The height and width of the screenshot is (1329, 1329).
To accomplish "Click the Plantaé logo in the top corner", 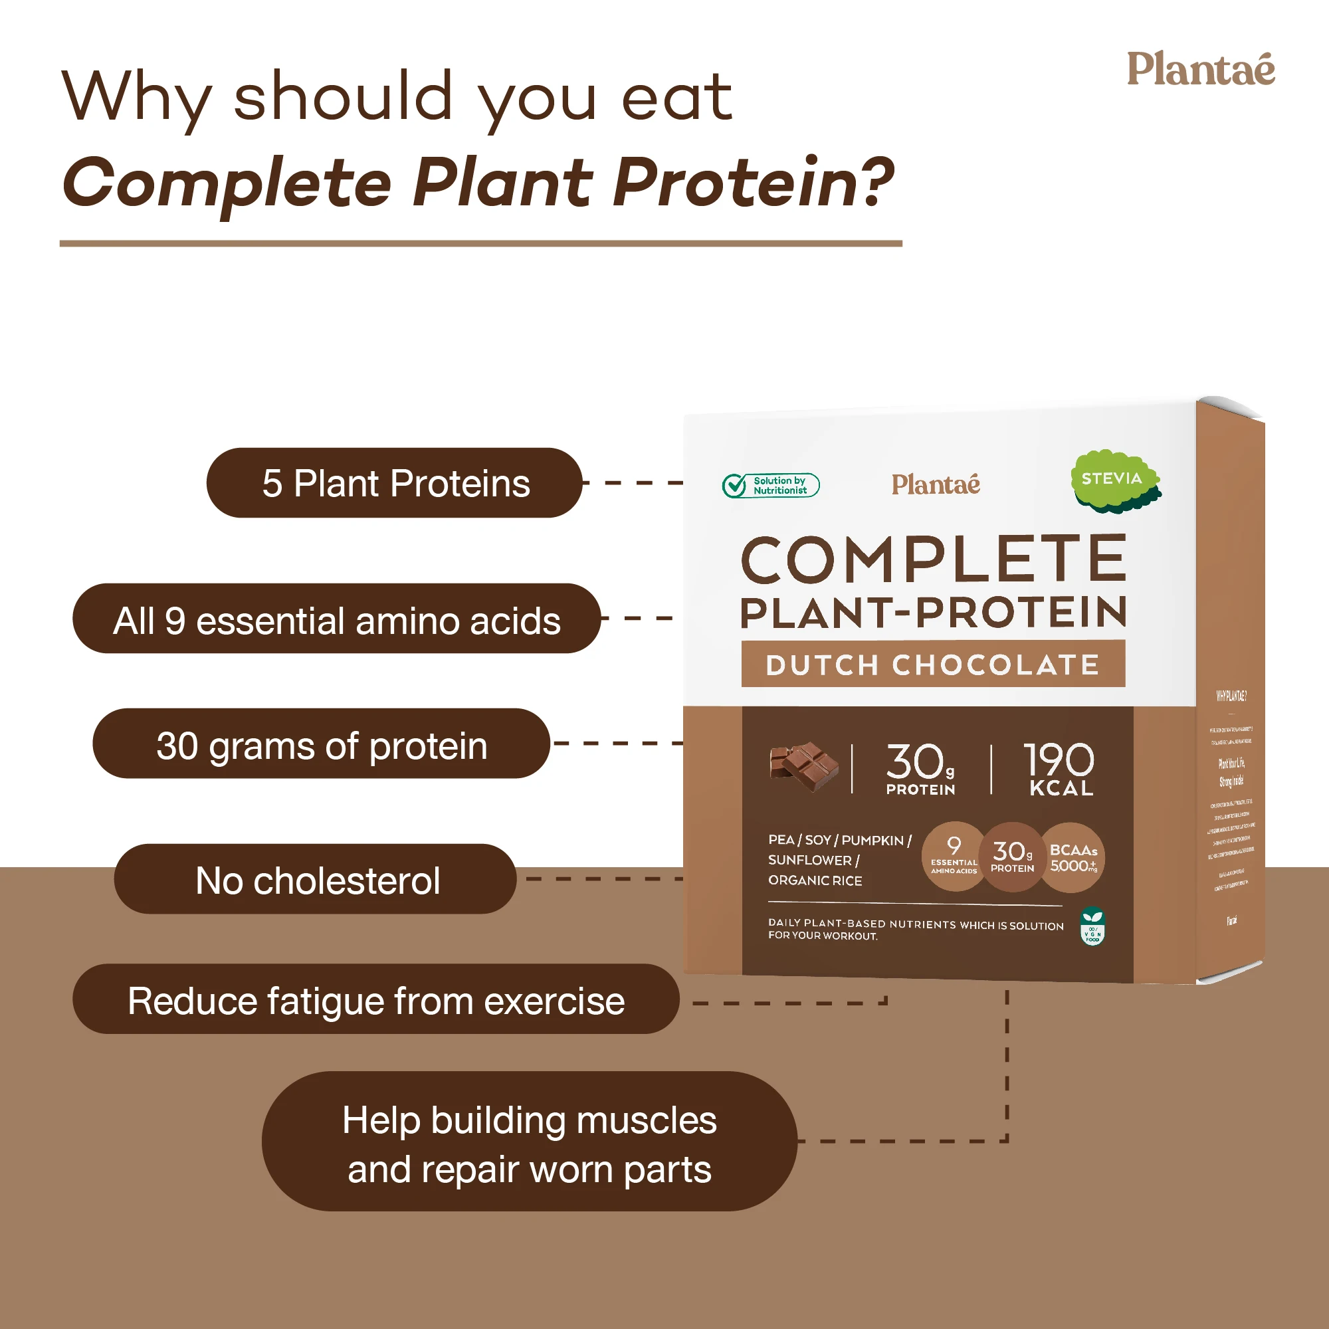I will [x=1199, y=70].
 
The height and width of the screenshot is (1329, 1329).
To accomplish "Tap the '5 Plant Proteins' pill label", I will [x=395, y=483].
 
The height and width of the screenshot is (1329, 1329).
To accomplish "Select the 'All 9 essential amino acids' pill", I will [x=336, y=619].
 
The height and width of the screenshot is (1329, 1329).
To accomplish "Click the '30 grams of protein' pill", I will [x=321, y=744].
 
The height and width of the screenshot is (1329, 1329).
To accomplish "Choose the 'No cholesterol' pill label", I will [x=316, y=879].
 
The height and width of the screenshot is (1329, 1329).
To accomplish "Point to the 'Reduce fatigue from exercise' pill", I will [x=375, y=999].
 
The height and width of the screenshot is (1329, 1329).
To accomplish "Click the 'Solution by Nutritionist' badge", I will [x=770, y=486].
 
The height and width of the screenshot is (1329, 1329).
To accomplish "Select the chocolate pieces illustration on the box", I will [x=803, y=766].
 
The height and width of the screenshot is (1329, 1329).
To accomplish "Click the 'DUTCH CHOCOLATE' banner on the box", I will [x=933, y=664].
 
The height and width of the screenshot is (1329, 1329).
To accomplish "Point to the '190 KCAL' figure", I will [x=1059, y=769].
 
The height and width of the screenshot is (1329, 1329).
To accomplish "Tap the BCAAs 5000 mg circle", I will [x=1073, y=858].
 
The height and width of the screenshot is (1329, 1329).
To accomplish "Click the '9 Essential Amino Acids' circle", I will [x=954, y=857].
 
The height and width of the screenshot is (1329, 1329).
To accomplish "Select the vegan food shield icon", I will [x=1092, y=926].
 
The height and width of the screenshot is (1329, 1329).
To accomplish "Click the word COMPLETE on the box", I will [x=933, y=560].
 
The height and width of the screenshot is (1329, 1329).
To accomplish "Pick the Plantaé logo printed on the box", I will [x=936, y=484].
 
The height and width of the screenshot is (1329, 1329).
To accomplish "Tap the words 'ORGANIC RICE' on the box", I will [x=815, y=880].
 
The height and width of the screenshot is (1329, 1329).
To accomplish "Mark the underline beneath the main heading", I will [x=480, y=243].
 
